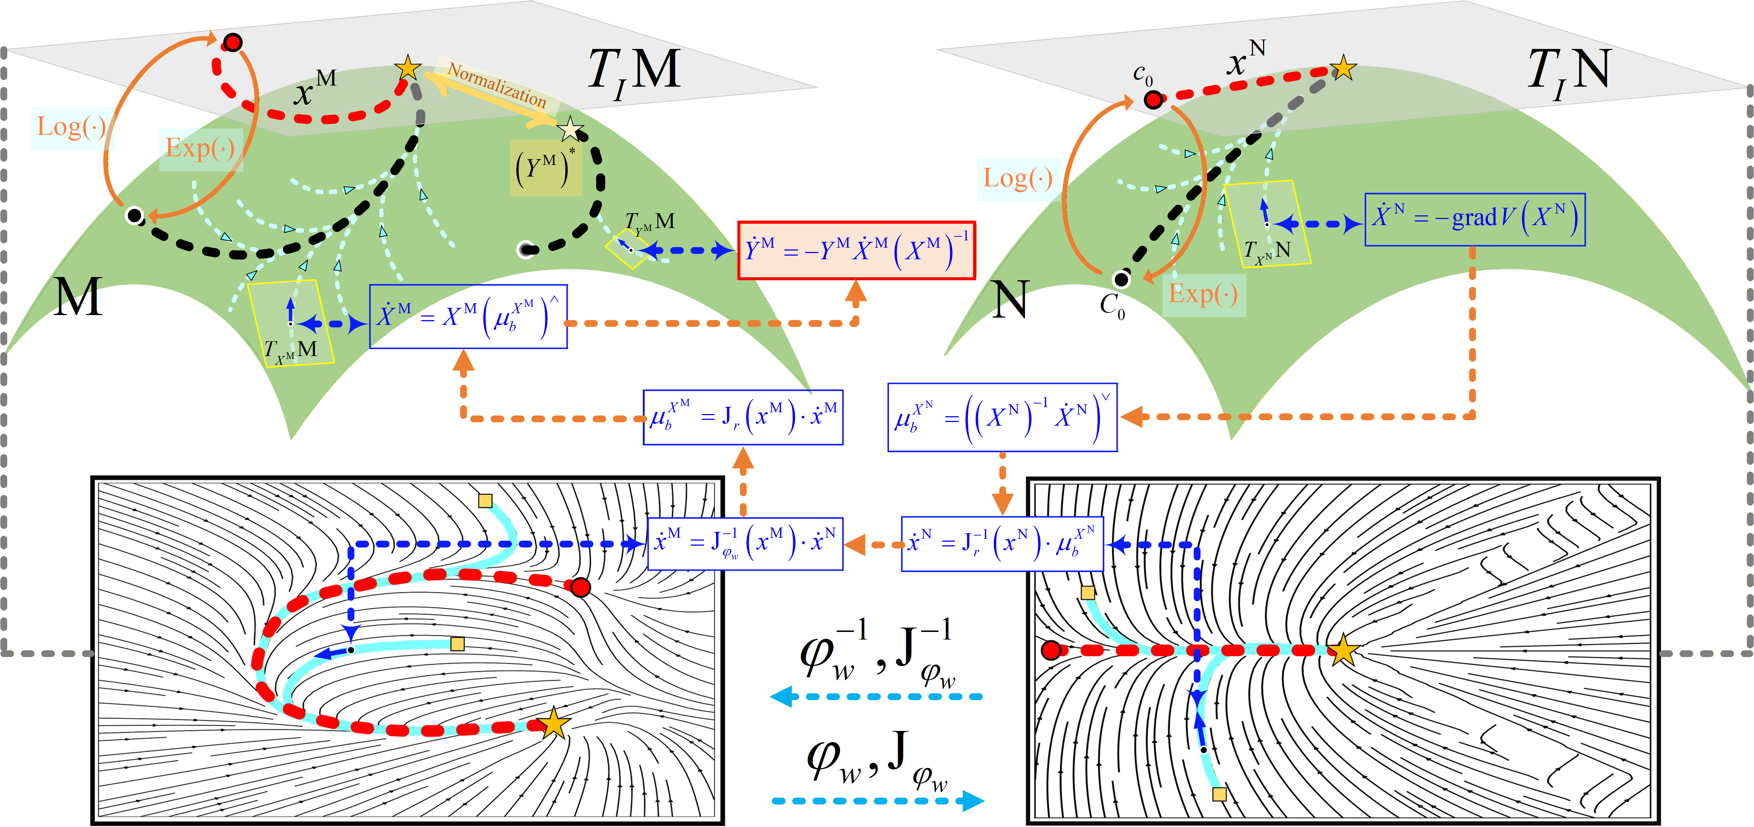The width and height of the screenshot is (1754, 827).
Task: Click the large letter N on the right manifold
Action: [1010, 299]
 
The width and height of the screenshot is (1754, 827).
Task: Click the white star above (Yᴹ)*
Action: [570, 129]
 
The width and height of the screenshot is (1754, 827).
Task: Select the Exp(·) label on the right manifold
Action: [1203, 294]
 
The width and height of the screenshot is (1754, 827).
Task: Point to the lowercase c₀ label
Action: [1142, 74]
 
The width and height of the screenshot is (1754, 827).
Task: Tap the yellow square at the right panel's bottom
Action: [1220, 794]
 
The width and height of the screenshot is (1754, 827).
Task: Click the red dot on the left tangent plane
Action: [233, 42]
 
